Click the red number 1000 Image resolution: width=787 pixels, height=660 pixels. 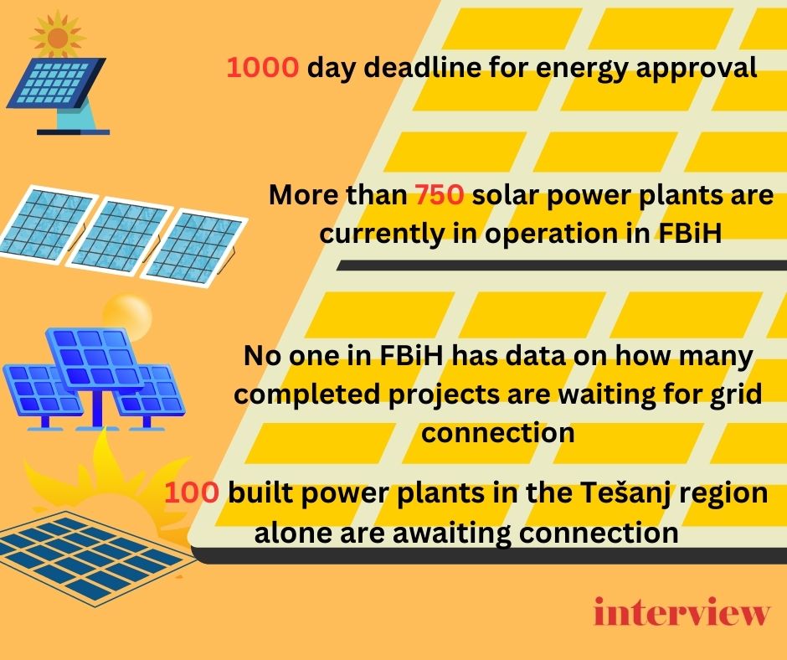263,67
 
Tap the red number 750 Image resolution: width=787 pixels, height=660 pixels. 440,195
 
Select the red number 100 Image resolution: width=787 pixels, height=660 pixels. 192,492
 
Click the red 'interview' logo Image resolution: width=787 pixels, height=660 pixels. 682,611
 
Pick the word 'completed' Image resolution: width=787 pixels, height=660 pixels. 306,394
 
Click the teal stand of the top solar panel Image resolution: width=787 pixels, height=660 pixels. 76,114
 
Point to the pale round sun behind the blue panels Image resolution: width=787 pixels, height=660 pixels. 127,317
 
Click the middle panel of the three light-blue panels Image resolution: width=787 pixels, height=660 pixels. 120,235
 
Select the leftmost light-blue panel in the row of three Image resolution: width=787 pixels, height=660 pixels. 49,224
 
